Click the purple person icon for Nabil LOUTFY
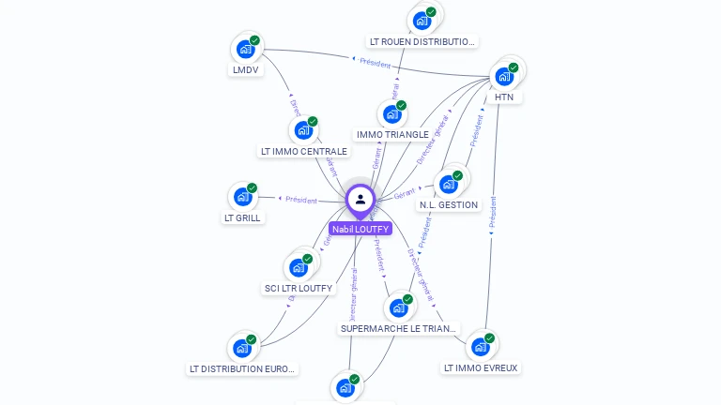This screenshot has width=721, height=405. coord(360,199)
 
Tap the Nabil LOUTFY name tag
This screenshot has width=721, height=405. coord(360,229)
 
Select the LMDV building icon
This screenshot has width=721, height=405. coord(245,48)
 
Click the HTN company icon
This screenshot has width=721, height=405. coord(505,75)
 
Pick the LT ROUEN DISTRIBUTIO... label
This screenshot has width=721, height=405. coord(422,41)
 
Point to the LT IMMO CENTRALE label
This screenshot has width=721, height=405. coord(303,151)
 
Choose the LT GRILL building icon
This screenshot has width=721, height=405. coord(242,197)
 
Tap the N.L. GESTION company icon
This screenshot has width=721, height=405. coord(449,184)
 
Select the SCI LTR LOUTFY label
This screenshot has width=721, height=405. coord(299,288)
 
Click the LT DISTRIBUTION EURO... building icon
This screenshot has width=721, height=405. coord(242,348)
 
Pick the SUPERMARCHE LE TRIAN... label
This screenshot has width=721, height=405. coord(399,329)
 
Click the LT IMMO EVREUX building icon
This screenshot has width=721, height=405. coord(481,346)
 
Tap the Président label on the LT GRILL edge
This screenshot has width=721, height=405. coord(301,200)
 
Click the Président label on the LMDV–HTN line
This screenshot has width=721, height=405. coord(375,62)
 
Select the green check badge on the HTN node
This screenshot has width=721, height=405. coord(514,67)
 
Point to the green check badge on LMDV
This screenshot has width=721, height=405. coord(254,40)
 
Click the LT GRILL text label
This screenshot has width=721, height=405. coord(242,217)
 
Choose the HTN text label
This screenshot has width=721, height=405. coord(504,97)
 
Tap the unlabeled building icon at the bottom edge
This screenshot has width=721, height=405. coord(345,387)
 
